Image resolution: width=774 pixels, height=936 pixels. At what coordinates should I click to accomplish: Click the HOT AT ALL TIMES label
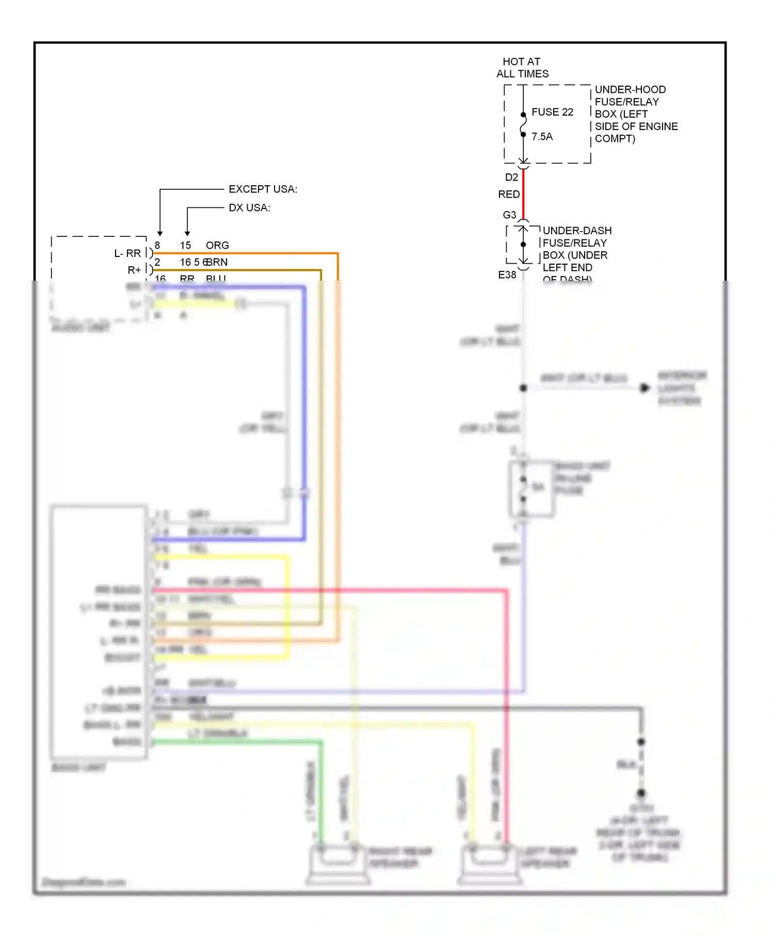click(x=522, y=68)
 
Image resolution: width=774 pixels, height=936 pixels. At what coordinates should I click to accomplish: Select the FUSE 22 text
click(x=552, y=112)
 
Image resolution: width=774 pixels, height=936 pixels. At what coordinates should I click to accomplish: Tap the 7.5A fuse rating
click(x=542, y=137)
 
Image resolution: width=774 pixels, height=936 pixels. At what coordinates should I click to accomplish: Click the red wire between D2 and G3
click(x=523, y=194)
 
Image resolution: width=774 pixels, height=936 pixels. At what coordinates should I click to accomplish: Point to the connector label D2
click(x=511, y=177)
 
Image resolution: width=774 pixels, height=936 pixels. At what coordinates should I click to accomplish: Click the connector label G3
click(x=509, y=215)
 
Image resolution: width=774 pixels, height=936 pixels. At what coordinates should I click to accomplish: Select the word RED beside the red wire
click(x=508, y=195)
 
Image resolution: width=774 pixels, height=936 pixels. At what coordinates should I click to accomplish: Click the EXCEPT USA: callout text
click(x=263, y=189)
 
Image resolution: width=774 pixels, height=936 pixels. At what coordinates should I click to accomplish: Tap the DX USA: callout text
click(x=249, y=208)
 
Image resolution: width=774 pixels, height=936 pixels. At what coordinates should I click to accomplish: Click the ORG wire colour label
click(x=217, y=246)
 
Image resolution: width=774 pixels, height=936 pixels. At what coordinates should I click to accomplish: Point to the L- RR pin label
click(x=127, y=253)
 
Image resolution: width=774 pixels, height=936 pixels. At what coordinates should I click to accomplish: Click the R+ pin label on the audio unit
click(x=134, y=270)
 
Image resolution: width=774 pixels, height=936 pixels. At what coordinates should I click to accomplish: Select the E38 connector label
click(x=507, y=275)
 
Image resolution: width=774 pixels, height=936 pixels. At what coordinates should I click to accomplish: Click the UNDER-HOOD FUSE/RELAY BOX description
click(x=636, y=114)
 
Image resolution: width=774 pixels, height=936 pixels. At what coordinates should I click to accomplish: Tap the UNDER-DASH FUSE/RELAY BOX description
click(x=576, y=249)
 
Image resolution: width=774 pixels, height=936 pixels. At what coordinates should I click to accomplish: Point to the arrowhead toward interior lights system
click(x=644, y=388)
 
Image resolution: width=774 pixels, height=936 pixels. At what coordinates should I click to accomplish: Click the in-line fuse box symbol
click(x=531, y=489)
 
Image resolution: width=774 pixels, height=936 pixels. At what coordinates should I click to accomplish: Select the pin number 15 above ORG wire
click(x=185, y=246)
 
